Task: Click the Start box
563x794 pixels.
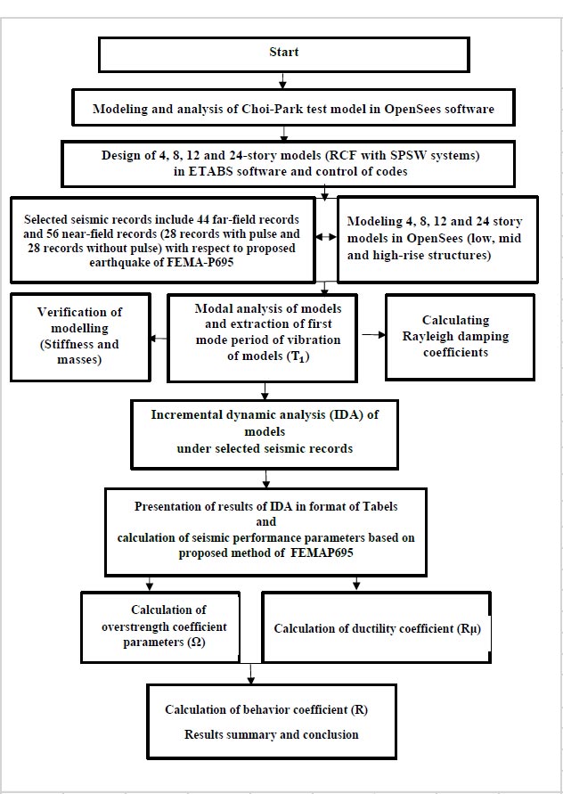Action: (283, 54)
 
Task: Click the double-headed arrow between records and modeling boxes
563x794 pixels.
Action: (326, 236)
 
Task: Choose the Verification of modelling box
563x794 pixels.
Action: (80, 337)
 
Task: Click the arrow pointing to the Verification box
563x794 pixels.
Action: (159, 339)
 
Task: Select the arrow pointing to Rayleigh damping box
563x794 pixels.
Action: (373, 335)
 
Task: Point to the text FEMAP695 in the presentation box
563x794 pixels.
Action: (322, 553)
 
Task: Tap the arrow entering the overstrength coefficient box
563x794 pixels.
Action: (150, 583)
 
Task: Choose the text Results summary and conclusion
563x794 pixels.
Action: (272, 734)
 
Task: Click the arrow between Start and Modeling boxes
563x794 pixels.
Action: (283, 81)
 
